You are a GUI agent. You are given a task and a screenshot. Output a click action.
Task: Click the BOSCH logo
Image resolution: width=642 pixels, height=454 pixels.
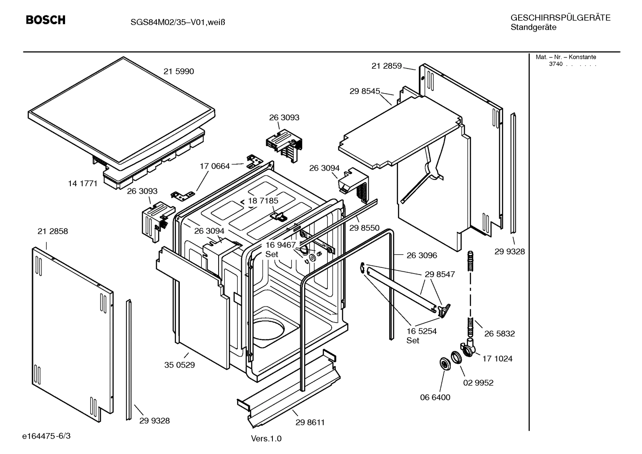45,20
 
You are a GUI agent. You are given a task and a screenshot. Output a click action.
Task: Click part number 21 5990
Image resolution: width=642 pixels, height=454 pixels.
179,71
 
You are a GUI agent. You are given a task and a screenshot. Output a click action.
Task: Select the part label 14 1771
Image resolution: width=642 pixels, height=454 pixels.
82,184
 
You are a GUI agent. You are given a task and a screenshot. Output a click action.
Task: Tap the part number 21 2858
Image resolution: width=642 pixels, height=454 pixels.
53,231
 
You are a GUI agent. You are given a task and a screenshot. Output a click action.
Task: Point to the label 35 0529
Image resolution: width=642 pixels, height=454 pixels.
179,365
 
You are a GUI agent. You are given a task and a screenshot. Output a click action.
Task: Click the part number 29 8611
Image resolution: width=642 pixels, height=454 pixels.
310,422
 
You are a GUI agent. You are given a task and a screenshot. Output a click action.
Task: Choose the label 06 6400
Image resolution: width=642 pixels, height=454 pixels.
435,397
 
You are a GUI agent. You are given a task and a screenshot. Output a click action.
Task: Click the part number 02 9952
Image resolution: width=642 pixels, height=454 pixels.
478,383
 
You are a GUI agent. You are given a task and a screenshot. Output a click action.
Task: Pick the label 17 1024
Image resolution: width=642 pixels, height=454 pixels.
497,359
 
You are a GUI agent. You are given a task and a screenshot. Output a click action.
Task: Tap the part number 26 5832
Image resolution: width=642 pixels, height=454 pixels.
500,334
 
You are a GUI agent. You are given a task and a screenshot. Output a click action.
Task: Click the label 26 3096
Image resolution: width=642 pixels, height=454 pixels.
422,255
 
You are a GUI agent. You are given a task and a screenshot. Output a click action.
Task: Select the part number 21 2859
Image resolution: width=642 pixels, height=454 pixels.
386,66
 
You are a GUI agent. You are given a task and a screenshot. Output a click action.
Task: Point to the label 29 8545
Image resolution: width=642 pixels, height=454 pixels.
365,91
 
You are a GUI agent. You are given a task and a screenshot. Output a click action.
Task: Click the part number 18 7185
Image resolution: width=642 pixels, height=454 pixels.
263,201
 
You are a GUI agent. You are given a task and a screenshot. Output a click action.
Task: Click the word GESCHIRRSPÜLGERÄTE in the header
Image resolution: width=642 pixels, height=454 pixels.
560,18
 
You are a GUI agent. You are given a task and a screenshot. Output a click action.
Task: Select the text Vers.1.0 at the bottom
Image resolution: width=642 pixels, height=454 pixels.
266,439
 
